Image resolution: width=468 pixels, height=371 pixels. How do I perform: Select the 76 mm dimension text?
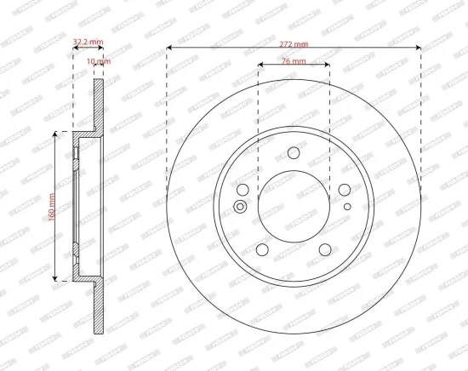coord(294,62)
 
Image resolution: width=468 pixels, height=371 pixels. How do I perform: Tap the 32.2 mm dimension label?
coord(88,40)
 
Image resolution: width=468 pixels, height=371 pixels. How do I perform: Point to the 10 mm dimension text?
coord(99,61)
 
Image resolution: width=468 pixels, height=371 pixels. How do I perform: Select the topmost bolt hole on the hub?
coord(294,153)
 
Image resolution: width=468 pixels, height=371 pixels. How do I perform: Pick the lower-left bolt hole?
coord(262,250)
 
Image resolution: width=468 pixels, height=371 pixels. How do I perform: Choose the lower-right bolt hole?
coord(325,250)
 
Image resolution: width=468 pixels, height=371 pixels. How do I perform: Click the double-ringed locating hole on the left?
coord(239,206)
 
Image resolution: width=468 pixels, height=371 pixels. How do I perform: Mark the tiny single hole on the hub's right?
coord(348,206)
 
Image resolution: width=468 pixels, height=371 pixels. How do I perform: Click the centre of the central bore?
coord(294,207)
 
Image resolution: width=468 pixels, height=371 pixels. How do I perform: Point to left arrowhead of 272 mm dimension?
coord(168,48)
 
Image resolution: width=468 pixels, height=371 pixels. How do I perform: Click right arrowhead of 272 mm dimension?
coord(419,48)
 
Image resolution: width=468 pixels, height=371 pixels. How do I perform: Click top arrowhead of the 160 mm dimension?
coord(58,134)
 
